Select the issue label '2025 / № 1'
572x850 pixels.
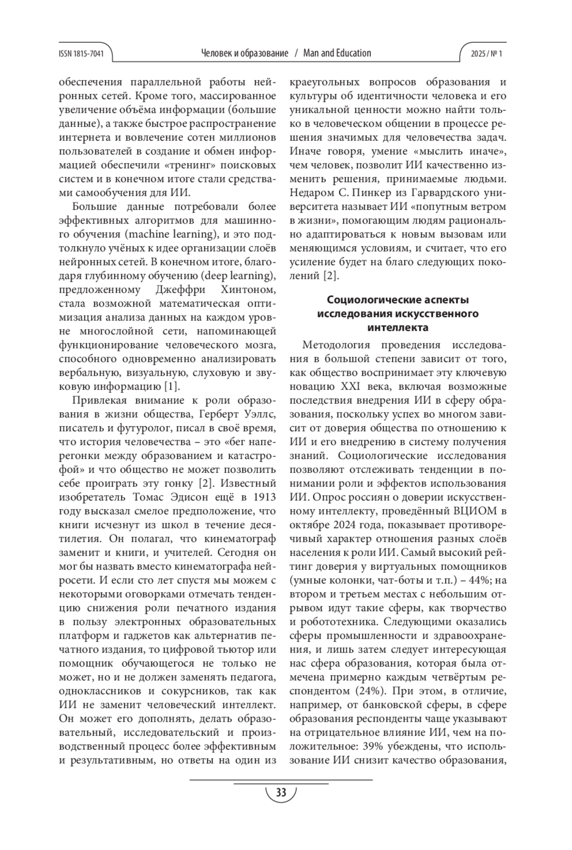(486, 54)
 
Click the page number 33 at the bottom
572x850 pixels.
(281, 793)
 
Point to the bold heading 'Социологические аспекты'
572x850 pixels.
(398, 300)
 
